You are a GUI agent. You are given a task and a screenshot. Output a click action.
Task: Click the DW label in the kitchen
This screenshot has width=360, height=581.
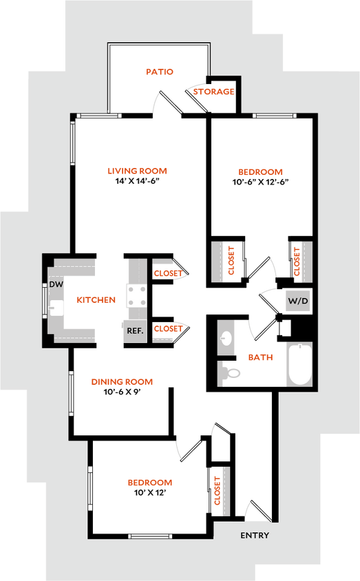pos(56,284)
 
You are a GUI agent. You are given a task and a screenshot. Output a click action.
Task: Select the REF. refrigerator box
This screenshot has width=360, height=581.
pos(134,331)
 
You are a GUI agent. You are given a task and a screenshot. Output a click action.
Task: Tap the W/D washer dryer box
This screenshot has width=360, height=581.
pos(297,301)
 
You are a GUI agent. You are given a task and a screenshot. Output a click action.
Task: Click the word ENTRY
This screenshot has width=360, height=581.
pos(254,536)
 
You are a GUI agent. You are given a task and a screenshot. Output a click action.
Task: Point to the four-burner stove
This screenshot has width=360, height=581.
pos(136,296)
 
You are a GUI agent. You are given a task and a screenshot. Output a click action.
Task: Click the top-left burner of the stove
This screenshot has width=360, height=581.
pos(130,289)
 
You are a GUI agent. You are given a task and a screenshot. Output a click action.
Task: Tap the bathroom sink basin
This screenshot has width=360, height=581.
pos(227,338)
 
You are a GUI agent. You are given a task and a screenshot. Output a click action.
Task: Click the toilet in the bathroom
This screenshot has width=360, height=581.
pos(231,372)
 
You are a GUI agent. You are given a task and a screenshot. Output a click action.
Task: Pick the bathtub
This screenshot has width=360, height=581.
pos(299,364)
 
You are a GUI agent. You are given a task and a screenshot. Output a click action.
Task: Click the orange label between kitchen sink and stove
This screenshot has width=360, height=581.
pos(96,299)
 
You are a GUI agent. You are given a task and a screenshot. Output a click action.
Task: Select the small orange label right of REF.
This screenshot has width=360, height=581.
pos(168,330)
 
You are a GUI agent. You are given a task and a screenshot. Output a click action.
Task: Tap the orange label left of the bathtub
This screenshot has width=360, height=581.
pos(260,357)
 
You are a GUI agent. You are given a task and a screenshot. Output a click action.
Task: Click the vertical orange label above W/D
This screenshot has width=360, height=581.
pos(298,261)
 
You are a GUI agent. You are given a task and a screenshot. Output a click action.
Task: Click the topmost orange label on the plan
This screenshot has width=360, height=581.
pos(159,72)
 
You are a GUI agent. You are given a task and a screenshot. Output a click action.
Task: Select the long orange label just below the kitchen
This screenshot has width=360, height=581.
pos(122,381)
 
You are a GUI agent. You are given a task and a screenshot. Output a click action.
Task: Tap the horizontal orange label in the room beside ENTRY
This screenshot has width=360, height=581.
pos(150,483)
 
